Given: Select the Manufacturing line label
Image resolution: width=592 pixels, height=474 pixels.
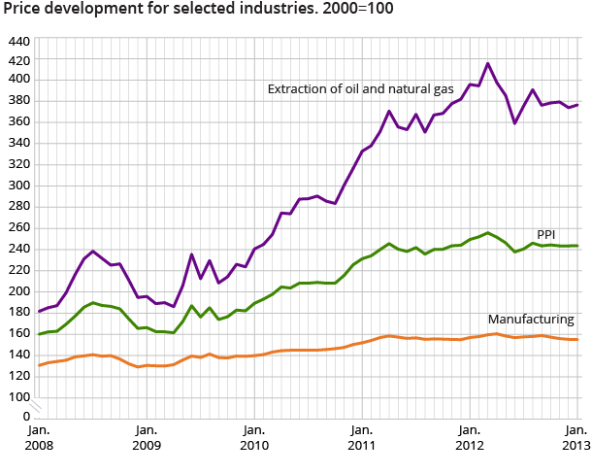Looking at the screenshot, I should (531, 319).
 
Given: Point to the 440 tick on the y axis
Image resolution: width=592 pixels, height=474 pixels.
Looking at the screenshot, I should (18, 44).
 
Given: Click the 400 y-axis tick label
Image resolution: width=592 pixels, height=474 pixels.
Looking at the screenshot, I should (18, 80).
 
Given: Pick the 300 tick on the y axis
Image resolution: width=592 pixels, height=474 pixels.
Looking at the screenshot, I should (18, 186).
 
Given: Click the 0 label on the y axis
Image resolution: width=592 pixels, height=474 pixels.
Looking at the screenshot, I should (26, 417).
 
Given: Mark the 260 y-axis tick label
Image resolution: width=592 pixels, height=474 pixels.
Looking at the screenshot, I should (18, 227).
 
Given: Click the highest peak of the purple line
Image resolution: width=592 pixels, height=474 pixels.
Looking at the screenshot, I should (487, 63).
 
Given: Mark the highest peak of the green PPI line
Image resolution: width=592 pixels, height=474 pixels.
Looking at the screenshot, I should (487, 232).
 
